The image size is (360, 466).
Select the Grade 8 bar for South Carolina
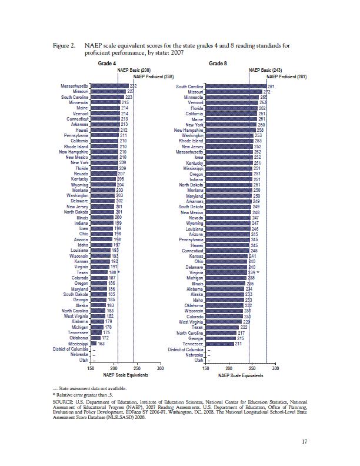[x=236, y=86]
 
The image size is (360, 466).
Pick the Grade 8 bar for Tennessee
[x=220, y=344]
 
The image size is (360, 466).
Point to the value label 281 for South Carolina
[x=271, y=86]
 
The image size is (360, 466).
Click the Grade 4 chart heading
[x=106, y=62]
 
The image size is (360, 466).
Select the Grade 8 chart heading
[x=218, y=62]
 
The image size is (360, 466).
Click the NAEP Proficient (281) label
[x=286, y=76]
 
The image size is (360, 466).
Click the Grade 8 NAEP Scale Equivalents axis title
[x=241, y=375]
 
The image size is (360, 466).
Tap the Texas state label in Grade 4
[x=82, y=272]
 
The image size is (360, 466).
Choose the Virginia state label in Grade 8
[x=196, y=272]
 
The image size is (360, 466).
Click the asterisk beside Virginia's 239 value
[x=258, y=272]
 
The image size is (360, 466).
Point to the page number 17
[x=304, y=443]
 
